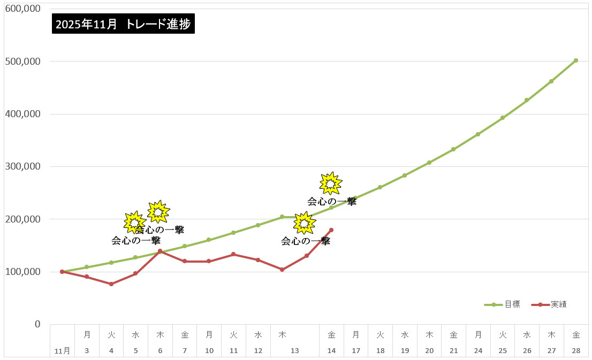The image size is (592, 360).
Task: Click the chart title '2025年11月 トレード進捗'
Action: pyautogui.click(x=123, y=24)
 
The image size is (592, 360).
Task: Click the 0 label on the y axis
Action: pyautogui.click(x=37, y=324)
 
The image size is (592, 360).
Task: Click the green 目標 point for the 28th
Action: pyautogui.click(x=575, y=60)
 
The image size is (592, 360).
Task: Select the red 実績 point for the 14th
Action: pyautogui.click(x=331, y=230)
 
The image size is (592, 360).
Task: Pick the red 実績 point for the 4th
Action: pyautogui.click(x=111, y=284)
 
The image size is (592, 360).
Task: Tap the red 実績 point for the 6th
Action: pyautogui.click(x=160, y=251)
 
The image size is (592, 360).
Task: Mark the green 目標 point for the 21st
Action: pyautogui.click(x=453, y=149)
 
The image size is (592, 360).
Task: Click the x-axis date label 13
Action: pyautogui.click(x=295, y=351)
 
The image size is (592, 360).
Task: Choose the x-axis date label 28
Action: pyautogui.click(x=575, y=351)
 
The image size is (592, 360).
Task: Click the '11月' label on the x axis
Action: pyautogui.click(x=63, y=351)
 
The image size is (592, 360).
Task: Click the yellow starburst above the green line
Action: pyautogui.click(x=331, y=183)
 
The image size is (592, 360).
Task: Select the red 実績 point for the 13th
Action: pyautogui.click(x=307, y=256)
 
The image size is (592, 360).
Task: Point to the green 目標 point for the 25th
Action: pyautogui.click(x=502, y=118)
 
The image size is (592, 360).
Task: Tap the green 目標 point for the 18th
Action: pyautogui.click(x=380, y=187)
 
